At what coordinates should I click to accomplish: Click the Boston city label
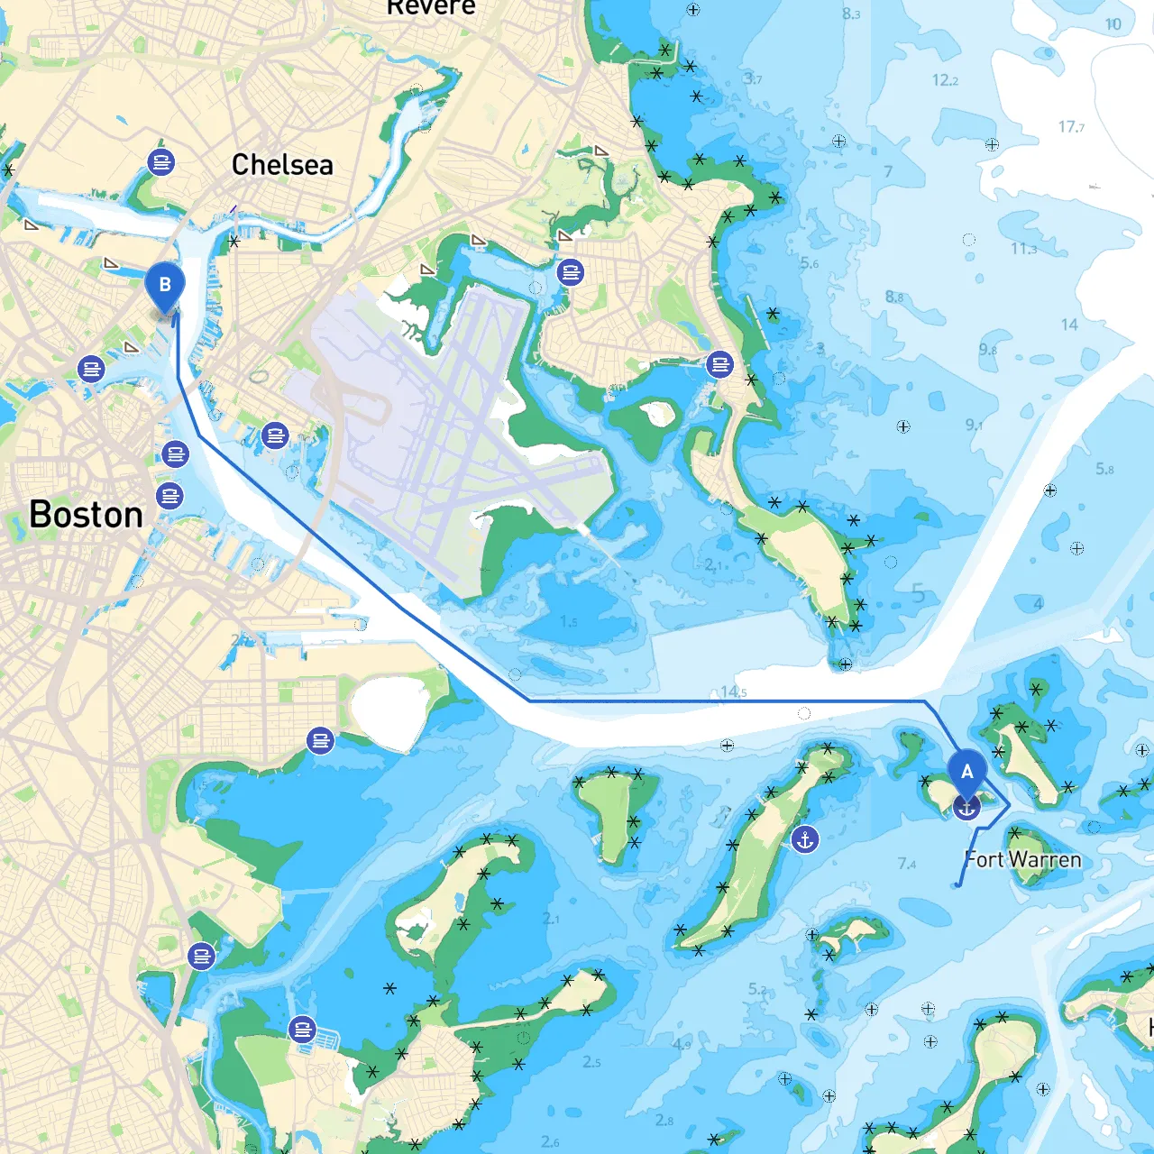coord(87,515)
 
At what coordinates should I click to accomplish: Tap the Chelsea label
coord(282,165)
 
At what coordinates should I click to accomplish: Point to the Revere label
coord(431,7)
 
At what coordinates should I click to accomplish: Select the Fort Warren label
coord(1023,860)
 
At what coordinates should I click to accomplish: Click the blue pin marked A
coord(966,773)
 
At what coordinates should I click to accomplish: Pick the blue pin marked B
coord(165,285)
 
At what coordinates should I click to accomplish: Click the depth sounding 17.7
coord(1071,127)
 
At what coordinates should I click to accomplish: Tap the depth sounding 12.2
coord(945,80)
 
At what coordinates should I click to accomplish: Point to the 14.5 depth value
coord(733,692)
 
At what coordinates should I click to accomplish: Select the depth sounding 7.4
coord(907,864)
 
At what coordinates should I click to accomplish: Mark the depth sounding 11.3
coord(1023,249)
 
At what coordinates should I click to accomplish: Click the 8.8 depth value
coord(893,297)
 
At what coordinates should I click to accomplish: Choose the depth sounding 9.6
coord(988,350)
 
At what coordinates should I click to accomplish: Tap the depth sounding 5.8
coord(1104,469)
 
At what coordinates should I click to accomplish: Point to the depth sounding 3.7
coord(753,79)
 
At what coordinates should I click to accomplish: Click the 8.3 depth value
coord(851,14)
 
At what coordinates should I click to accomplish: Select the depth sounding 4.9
coord(682,1045)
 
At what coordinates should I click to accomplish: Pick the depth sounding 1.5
coord(568,622)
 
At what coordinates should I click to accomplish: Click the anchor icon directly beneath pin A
coord(966,808)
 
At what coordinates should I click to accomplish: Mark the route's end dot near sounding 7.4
coord(957,884)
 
